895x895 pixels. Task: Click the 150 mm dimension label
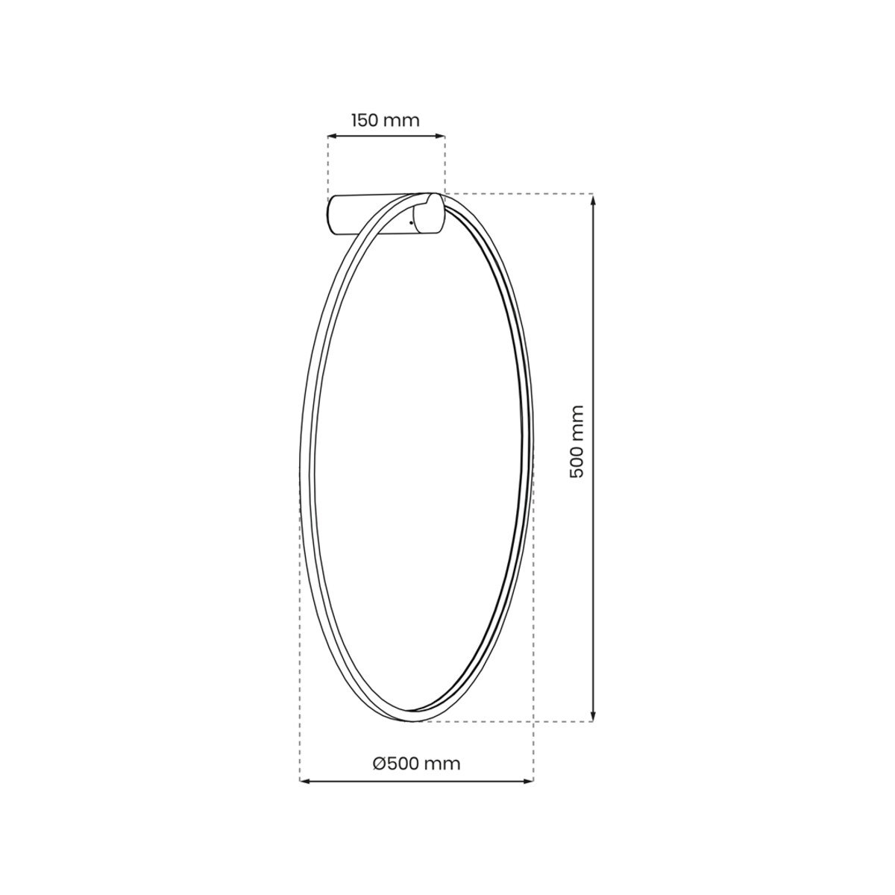click(385, 119)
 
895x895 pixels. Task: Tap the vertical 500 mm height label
click(576, 442)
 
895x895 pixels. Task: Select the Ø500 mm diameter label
click(416, 763)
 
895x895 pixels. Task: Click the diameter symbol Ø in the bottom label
click(378, 763)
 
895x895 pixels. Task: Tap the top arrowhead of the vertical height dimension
click(593, 199)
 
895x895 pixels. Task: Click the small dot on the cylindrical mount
click(412, 222)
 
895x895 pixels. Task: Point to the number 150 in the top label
click(365, 119)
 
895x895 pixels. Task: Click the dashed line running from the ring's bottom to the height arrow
click(507, 721)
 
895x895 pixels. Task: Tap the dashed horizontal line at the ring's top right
click(522, 194)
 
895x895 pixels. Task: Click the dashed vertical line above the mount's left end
click(328, 168)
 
